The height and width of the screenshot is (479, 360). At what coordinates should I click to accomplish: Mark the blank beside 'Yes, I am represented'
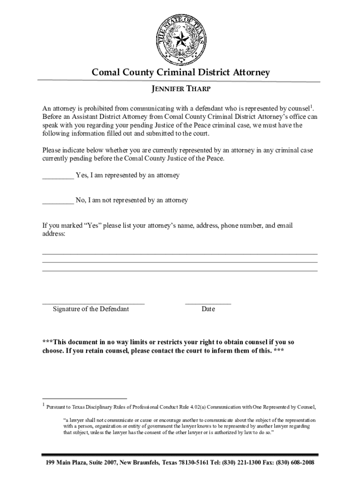click(x=58, y=177)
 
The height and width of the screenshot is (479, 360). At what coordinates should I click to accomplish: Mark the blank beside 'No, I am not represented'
click(x=58, y=203)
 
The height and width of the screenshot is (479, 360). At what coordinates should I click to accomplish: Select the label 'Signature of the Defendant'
click(x=91, y=309)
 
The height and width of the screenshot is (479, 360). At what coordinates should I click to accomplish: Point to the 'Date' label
click(x=208, y=309)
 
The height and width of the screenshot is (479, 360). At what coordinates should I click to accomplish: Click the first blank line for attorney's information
click(x=180, y=253)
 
